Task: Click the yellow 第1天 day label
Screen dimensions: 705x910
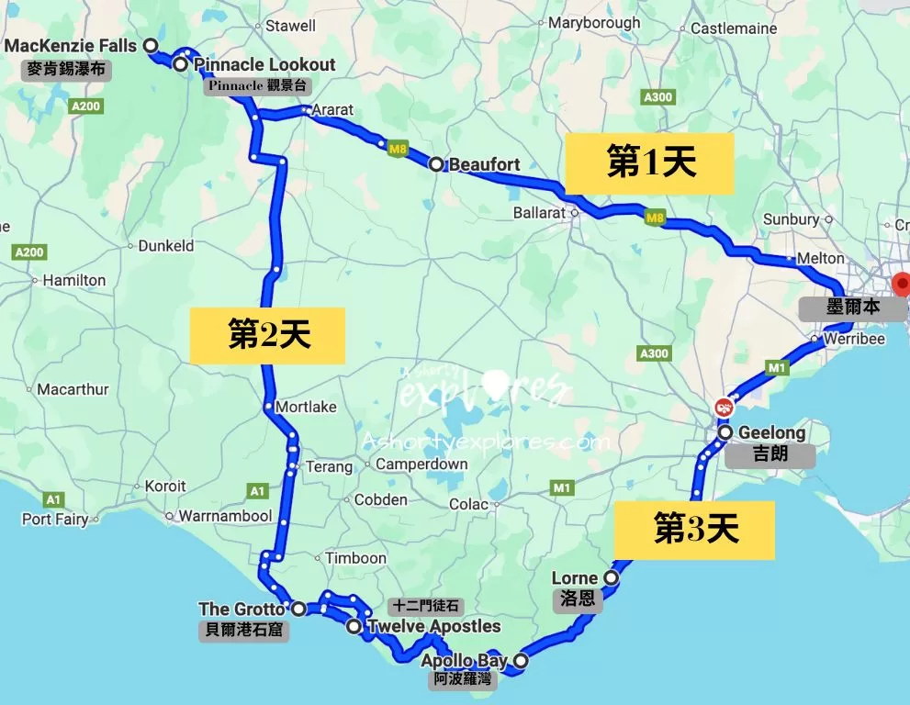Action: point(649,163)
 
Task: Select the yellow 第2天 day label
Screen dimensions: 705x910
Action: point(267,334)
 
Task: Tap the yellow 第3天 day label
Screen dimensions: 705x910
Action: point(695,529)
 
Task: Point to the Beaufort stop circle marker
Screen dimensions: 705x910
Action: point(437,164)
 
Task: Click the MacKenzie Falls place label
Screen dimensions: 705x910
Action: point(71,46)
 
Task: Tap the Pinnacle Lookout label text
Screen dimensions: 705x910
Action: point(264,65)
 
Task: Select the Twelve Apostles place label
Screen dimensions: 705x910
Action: point(434,627)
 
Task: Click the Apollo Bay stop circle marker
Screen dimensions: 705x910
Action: point(521,660)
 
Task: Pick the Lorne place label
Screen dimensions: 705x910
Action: point(574,578)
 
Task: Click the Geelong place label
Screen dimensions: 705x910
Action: point(771,432)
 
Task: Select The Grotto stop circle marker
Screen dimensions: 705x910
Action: point(298,608)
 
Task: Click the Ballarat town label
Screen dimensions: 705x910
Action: point(539,213)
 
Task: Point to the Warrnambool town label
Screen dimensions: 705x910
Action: point(225,516)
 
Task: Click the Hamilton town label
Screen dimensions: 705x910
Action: point(74,280)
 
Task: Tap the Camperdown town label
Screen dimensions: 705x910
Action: point(421,464)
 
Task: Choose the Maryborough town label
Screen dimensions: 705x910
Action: point(594,23)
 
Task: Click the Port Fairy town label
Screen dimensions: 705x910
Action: point(55,520)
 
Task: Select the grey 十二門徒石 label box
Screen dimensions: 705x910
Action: point(424,607)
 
